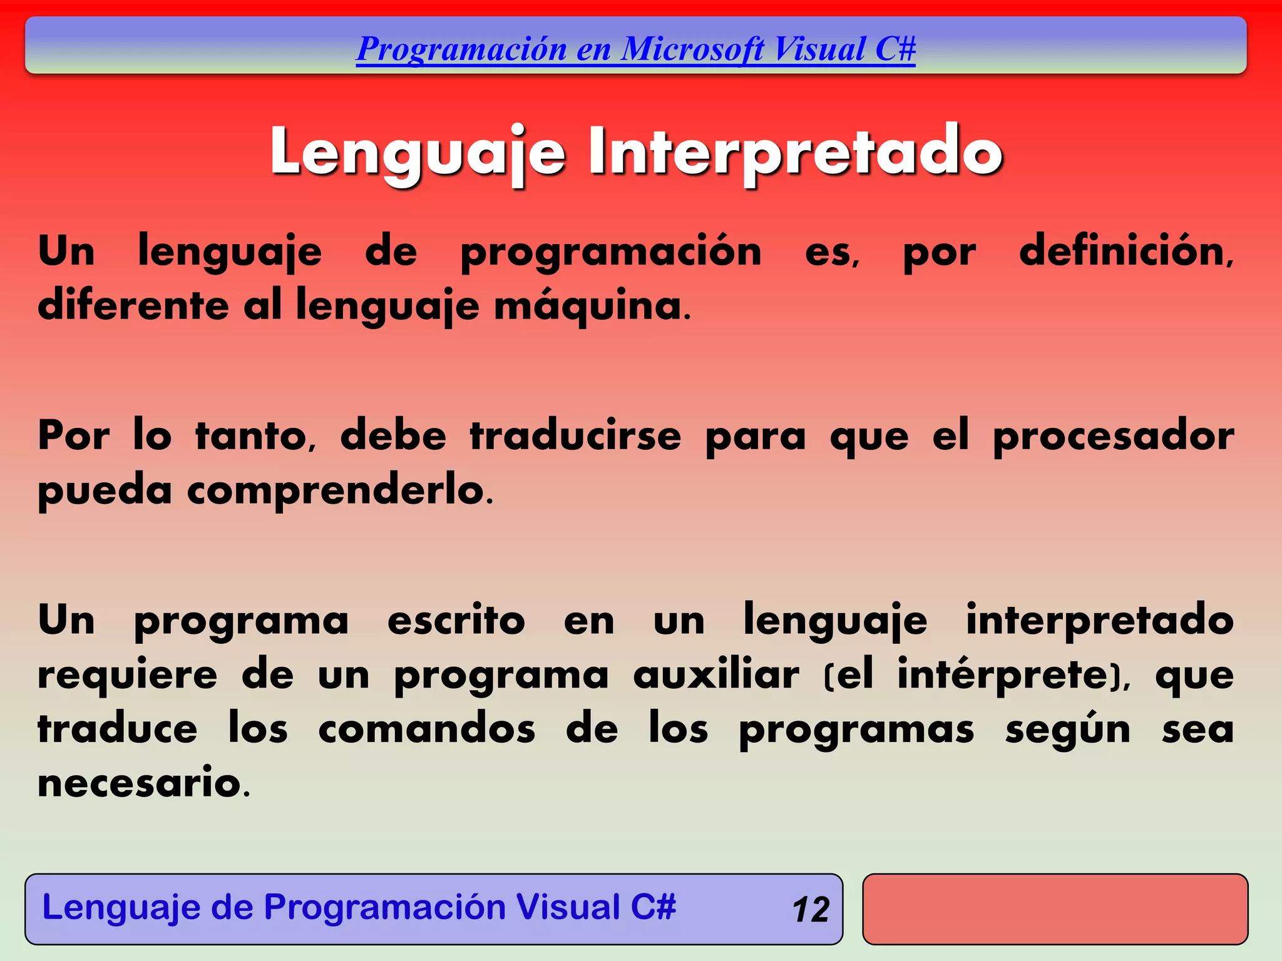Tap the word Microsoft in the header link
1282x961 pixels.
point(693,49)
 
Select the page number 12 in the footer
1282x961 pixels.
point(811,910)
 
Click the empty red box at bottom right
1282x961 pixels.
point(1055,909)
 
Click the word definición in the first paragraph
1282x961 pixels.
point(1126,252)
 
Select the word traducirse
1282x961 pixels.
point(575,436)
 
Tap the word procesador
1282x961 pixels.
point(1114,436)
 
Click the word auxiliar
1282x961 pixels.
point(716,675)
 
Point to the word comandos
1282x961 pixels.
point(427,730)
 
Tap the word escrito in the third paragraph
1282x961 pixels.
point(456,621)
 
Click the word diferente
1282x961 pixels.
point(133,307)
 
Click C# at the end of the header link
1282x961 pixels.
point(895,49)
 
